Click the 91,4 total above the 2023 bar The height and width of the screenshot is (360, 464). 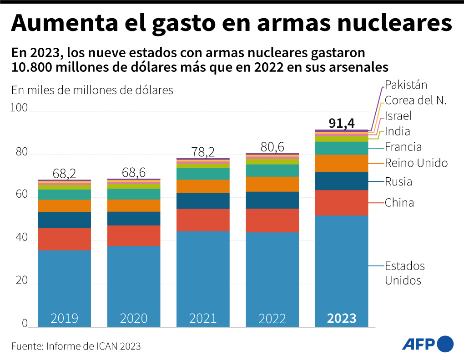(x=342, y=124)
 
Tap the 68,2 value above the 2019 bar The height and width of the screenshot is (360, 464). (x=64, y=173)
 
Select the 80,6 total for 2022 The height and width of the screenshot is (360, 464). (x=272, y=147)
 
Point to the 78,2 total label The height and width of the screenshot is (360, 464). (x=203, y=152)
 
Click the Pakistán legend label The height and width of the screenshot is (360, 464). (x=406, y=85)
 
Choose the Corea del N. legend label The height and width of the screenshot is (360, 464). (x=416, y=100)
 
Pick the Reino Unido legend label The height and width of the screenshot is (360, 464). (x=416, y=163)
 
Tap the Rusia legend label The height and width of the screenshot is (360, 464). (x=398, y=182)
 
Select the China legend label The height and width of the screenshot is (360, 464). (x=399, y=202)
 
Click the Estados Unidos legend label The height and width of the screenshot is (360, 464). (x=404, y=273)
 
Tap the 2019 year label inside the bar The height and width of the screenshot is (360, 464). (x=64, y=318)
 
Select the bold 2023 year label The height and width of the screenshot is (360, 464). (x=342, y=318)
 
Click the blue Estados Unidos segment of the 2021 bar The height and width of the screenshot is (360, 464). (x=203, y=277)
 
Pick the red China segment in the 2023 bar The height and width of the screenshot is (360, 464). (x=342, y=203)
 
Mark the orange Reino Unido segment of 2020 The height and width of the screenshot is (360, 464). (x=134, y=205)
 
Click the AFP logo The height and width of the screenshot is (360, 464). (x=428, y=344)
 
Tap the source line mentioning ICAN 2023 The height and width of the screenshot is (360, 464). (x=76, y=346)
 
